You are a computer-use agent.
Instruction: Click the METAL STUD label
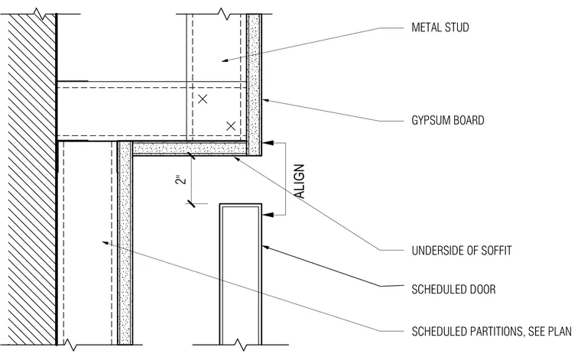pos(440,28)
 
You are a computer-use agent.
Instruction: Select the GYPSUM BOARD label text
pos(448,120)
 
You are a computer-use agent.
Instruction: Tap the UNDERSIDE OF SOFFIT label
pos(462,251)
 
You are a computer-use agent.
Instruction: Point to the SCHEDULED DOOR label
pos(453,289)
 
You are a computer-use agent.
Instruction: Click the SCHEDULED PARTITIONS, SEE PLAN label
pos(492,331)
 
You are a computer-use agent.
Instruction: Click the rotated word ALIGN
pos(300,181)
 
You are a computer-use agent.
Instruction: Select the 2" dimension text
pos(181,180)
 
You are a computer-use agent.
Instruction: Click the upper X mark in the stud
pos(203,99)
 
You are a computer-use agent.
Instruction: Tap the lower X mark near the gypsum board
pos(231,126)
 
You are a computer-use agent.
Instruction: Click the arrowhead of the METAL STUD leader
pos(225,60)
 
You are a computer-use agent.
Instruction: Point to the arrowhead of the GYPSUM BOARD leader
pos(266,100)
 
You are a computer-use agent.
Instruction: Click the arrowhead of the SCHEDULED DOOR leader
pos(266,247)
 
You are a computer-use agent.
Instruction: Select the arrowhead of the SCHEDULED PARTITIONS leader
pos(106,243)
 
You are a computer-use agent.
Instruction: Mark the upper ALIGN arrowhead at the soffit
pos(268,143)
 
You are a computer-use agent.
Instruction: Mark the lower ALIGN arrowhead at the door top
pos(268,215)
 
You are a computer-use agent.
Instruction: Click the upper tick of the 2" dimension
pos(191,156)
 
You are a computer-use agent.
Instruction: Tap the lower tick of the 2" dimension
pos(191,203)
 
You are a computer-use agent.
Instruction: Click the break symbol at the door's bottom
pos(241,345)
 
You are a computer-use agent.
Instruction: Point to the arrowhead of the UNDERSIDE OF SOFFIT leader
pos(238,159)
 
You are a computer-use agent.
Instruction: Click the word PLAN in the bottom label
pos(561,331)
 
